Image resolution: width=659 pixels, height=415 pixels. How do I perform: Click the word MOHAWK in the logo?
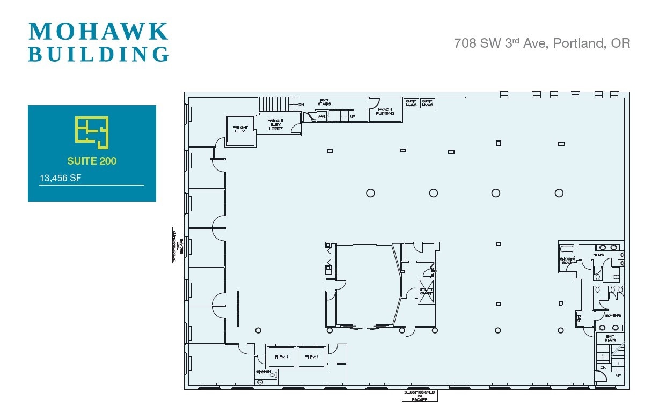[98, 32]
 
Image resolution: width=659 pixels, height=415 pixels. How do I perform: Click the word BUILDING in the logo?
[98, 55]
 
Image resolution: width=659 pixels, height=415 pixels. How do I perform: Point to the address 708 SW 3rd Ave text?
[542, 43]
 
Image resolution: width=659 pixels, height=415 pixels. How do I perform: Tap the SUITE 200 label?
[92, 161]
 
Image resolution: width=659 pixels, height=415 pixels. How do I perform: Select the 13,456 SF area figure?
[60, 178]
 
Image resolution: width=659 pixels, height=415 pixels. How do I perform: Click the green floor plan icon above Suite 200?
[92, 131]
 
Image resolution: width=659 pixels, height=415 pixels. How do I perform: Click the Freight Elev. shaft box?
[239, 129]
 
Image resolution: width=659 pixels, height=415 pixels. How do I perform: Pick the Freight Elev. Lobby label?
[275, 124]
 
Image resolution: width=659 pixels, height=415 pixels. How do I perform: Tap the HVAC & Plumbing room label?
[385, 112]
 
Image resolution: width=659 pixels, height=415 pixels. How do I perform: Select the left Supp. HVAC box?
[411, 103]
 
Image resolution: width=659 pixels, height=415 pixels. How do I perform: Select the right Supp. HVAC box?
[428, 103]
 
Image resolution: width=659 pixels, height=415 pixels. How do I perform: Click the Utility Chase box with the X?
[426, 292]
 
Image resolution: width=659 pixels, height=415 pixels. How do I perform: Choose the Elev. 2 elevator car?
[281, 357]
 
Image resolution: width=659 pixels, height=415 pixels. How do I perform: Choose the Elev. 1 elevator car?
[312, 357]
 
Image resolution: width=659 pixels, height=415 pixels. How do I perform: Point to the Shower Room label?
[568, 261]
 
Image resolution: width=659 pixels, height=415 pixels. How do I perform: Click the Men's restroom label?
[598, 255]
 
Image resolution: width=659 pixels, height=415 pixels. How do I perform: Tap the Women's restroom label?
[612, 315]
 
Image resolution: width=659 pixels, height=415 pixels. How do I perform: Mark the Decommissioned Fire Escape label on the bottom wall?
[420, 396]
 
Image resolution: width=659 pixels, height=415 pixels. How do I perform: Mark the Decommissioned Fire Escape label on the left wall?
[178, 246]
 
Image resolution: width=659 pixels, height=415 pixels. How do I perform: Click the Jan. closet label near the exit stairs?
[321, 116]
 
